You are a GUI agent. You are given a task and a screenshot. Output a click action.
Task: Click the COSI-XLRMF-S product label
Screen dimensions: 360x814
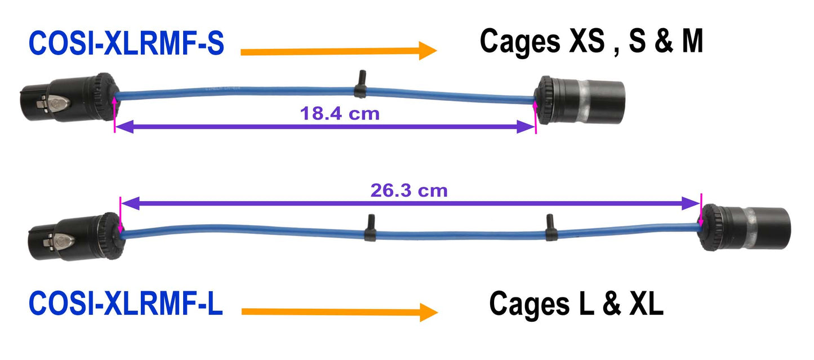click(126, 44)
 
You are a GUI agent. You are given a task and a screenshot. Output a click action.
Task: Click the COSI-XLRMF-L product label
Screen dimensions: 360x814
click(126, 303)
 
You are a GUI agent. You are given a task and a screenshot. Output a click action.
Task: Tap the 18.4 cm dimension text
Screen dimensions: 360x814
click(340, 114)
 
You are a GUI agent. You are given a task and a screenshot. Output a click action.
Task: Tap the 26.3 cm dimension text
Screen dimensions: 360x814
click(409, 190)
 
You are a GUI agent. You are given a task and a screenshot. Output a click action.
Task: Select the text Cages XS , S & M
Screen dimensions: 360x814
click(591, 42)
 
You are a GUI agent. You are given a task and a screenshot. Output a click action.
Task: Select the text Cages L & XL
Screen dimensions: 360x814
click(576, 304)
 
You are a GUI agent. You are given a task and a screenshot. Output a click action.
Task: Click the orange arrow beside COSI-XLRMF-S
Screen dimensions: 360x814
click(338, 51)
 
